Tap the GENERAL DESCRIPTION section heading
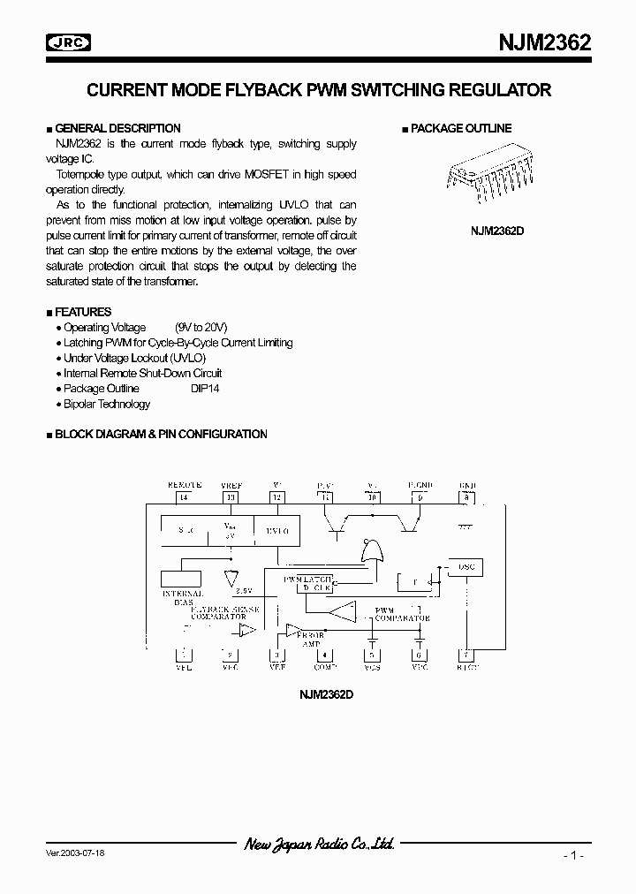coord(117,128)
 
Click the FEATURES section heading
coord(83,312)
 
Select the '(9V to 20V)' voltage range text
coord(201,328)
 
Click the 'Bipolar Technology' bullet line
coord(107,405)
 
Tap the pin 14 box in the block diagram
coord(184,497)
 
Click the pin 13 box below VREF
coord(231,497)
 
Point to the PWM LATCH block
coord(307,583)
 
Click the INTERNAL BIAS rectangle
coord(182,579)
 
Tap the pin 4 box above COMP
coord(326,655)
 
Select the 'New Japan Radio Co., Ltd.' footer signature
coord(319,845)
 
